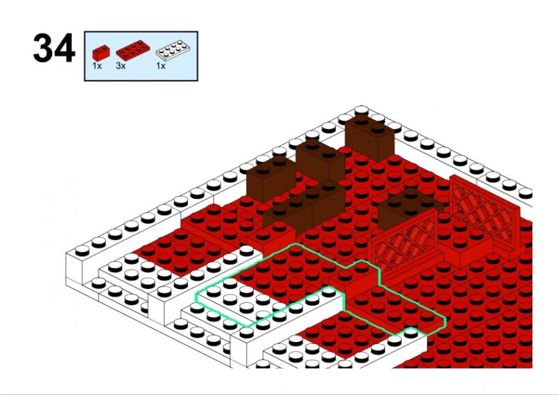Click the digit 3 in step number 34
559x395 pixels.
[43, 48]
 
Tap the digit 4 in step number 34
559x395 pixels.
[65, 48]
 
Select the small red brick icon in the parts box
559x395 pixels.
[101, 53]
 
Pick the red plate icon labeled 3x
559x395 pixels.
[133, 50]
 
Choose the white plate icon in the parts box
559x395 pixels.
[173, 50]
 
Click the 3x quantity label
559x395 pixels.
[120, 66]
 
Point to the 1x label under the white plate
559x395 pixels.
[161, 66]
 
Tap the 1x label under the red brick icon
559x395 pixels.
[96, 66]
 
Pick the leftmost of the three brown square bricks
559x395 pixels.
[271, 180]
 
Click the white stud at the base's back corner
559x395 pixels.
[361, 110]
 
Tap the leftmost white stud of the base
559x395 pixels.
[82, 251]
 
